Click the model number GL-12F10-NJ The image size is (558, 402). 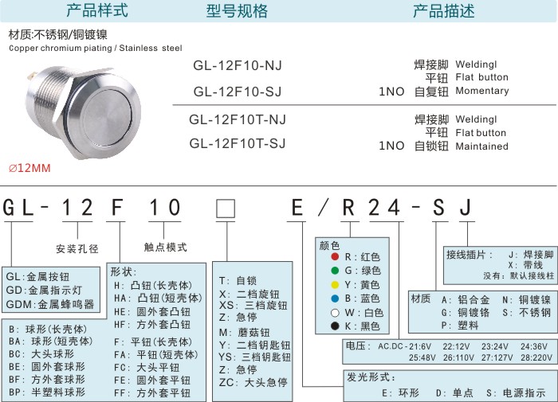tap(238, 65)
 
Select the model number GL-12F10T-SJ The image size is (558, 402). tap(238, 143)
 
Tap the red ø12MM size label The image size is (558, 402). tap(29, 168)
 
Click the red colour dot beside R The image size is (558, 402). tap(335, 256)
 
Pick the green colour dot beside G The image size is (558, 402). tap(335, 271)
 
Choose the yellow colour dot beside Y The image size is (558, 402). tap(335, 285)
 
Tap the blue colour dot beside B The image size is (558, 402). tap(335, 299)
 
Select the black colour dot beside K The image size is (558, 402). tap(335, 326)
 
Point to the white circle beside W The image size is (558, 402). tap(335, 313)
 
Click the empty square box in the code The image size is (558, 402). tap(226, 209)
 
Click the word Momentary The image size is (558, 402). tap(482, 91)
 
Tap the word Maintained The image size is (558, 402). tap(481, 146)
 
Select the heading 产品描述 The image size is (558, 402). tap(444, 10)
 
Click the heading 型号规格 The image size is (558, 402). tap(237, 10)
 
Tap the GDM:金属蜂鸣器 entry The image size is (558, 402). tap(50, 304)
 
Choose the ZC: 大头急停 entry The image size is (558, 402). tap(253, 382)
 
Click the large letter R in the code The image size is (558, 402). tap(348, 208)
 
